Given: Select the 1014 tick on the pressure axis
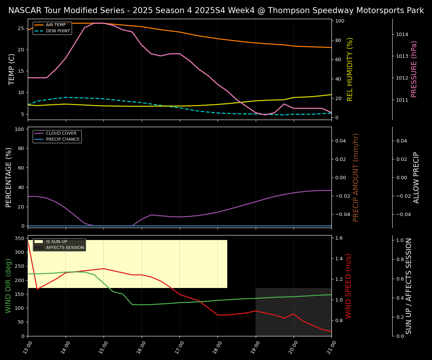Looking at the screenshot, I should point(402,34).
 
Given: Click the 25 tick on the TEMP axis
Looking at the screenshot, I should point(21,28).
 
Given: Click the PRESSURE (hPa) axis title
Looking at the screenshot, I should point(414,69).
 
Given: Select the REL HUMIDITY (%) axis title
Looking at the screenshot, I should point(350,69).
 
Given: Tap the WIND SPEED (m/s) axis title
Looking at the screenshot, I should point(349,286).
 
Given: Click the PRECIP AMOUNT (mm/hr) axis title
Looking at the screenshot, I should point(356,177).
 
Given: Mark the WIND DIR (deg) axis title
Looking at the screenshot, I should point(8,286).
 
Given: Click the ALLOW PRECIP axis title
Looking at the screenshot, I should point(416,177).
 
